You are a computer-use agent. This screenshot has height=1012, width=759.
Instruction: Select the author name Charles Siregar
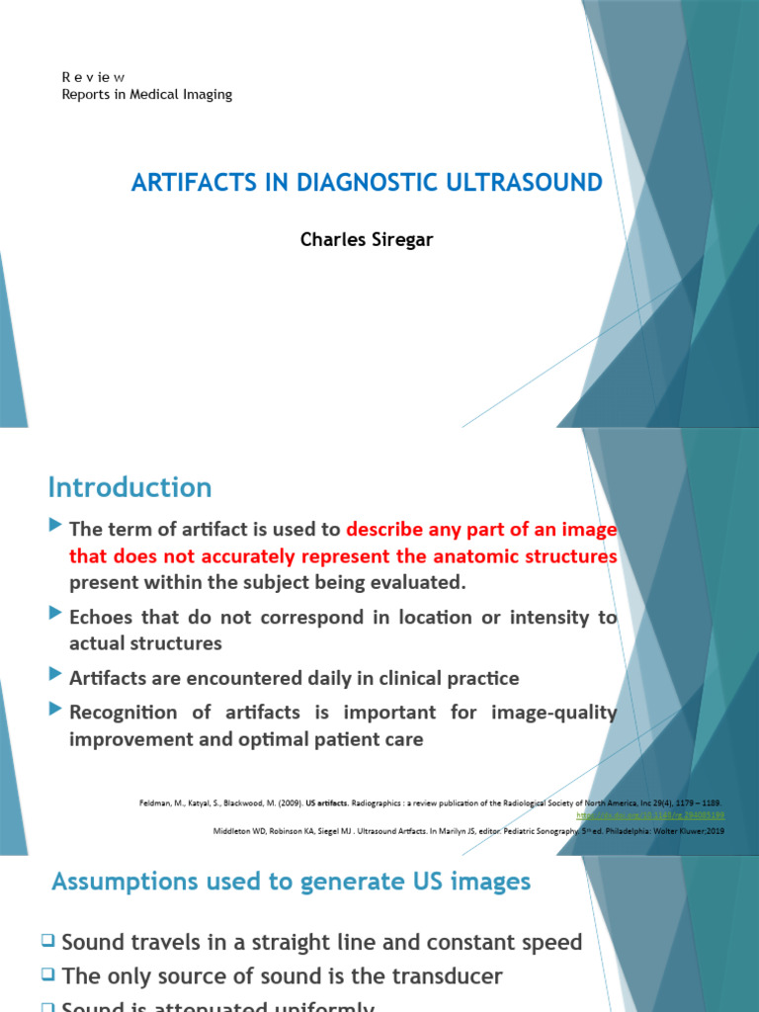point(367,241)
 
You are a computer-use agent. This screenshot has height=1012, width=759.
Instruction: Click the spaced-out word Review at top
point(92,77)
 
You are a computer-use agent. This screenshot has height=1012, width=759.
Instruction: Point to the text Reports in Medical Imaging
point(147,94)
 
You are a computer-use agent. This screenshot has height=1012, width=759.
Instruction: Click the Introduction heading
point(129,487)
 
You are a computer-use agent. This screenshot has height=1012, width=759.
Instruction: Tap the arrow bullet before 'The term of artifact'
point(55,528)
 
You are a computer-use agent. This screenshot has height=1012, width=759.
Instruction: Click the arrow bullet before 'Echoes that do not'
point(55,614)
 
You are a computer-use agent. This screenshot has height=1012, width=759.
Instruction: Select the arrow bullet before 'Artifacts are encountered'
point(55,676)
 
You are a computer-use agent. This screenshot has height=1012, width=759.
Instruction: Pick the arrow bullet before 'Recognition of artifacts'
point(55,710)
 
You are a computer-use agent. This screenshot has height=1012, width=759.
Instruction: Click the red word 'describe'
point(388,531)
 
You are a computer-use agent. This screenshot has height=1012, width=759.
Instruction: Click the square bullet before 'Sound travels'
point(49,943)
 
